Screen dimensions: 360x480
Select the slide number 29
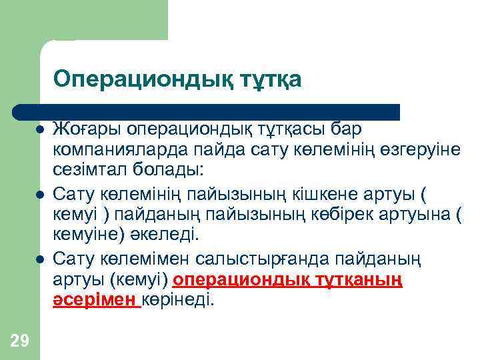click(20, 341)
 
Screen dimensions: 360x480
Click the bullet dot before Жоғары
click(41, 128)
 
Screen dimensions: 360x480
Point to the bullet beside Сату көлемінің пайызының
click(41, 194)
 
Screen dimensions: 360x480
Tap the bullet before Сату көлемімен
click(41, 259)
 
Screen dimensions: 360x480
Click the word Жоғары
click(86, 127)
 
